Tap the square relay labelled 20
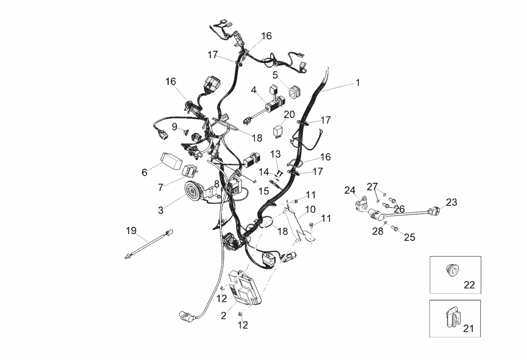click(278, 131)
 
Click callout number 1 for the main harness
click(357, 83)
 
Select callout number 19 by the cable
click(131, 231)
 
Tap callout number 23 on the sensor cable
click(451, 202)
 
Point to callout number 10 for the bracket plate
click(310, 210)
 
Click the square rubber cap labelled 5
click(294, 92)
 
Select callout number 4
click(254, 89)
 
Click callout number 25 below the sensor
click(409, 237)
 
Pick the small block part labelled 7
click(190, 172)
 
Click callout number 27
click(372, 186)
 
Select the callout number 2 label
click(223, 316)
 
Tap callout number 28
click(377, 231)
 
